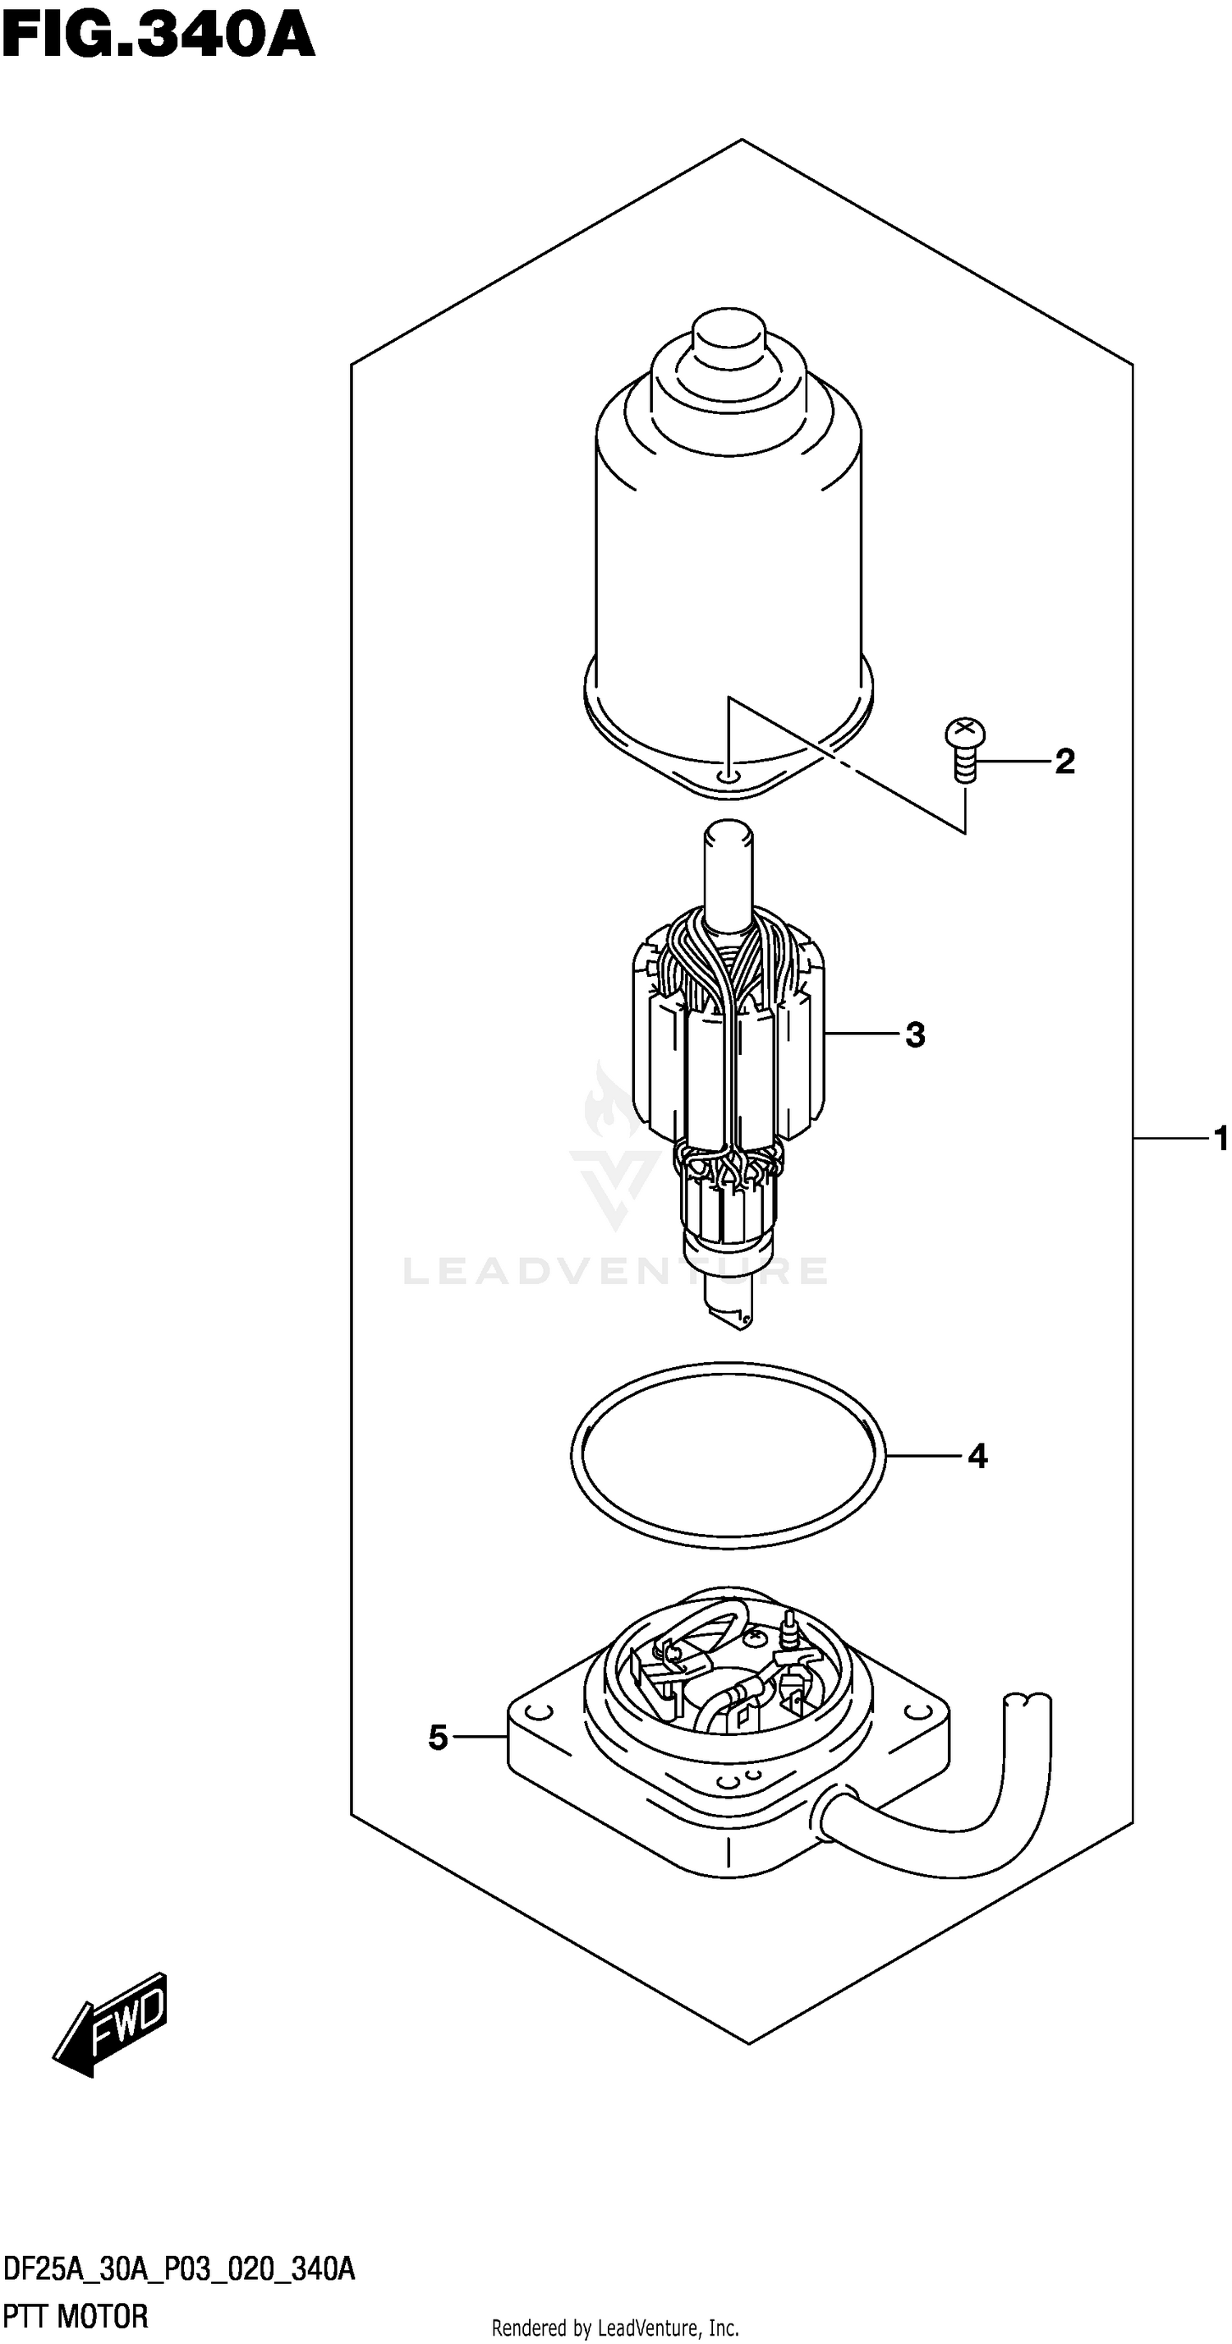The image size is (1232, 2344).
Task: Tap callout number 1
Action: (1221, 1139)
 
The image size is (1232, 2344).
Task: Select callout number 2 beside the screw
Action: (1064, 761)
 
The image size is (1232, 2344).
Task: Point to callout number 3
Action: (914, 1034)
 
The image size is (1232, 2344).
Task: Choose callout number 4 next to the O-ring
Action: (977, 1457)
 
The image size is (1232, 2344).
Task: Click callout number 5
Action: (439, 1738)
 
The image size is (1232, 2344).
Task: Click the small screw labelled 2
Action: (965, 751)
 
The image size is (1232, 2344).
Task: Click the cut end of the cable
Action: (1027, 1699)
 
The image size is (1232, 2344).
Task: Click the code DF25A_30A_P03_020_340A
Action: (178, 2269)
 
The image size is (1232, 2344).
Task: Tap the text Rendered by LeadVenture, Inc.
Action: (615, 2328)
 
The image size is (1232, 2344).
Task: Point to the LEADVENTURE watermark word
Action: (615, 1271)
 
